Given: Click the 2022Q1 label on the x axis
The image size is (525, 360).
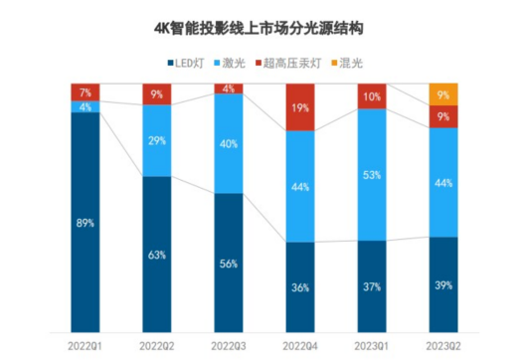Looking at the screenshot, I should coord(86,344).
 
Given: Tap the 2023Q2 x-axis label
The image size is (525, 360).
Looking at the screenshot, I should coord(443,344).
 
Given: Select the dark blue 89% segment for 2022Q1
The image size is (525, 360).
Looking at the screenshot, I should coord(86,223).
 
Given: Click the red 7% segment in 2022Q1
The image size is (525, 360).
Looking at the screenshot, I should coord(86,92).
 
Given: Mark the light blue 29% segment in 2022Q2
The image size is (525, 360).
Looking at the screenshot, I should coord(157,141).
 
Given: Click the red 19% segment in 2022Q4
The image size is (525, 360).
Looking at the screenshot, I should coord(300,107).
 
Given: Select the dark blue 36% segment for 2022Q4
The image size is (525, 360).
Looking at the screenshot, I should coord(300,286).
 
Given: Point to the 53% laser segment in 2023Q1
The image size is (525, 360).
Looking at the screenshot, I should coord(372,174).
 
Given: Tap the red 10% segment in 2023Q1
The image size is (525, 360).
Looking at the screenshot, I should coord(372,96).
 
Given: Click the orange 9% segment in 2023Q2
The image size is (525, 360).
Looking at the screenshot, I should coord(443,94).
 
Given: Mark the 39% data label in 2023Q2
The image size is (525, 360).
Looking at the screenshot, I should coord(443,284).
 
